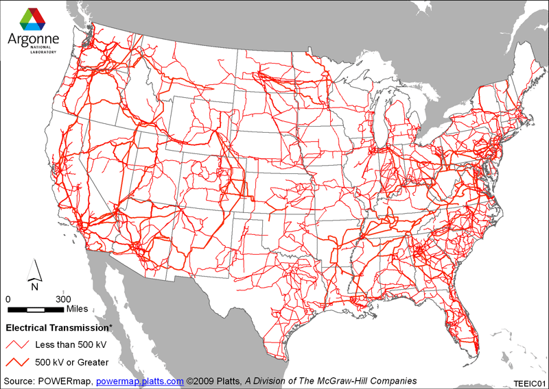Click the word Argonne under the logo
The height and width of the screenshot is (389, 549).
pyautogui.click(x=33, y=39)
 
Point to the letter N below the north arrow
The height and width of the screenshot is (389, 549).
pyautogui.click(x=34, y=287)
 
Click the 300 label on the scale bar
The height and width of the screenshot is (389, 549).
pyautogui.click(x=63, y=299)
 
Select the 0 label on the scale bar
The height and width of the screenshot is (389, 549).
pyautogui.click(x=8, y=299)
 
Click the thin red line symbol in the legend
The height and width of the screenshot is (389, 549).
pyautogui.click(x=19, y=344)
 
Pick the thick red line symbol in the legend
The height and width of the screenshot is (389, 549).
pyautogui.click(x=19, y=361)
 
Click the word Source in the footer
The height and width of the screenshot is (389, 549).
pyautogui.click(x=19, y=381)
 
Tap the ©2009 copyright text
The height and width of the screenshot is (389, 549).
pyautogui.click(x=202, y=381)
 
